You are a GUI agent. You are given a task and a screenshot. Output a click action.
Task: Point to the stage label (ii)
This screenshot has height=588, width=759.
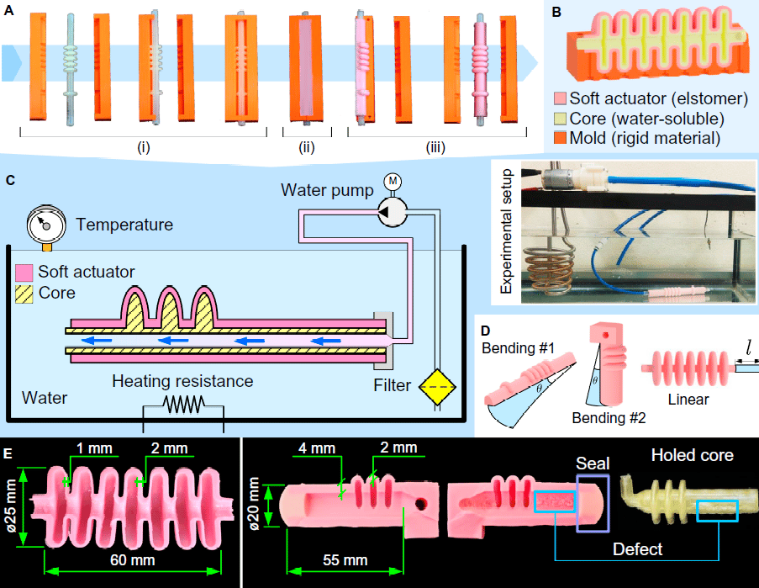308,149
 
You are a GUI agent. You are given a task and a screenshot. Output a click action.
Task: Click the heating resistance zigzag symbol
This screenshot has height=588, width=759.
182,405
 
